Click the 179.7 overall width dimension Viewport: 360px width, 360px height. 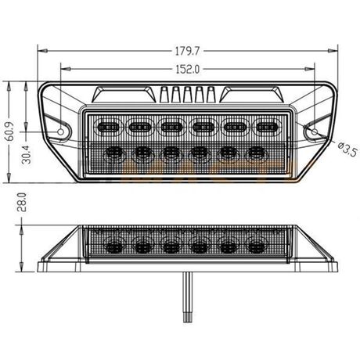point(187,51)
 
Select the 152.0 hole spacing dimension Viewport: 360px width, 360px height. point(188,69)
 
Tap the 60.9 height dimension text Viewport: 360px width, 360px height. point(9,131)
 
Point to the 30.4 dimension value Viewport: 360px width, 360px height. point(26,154)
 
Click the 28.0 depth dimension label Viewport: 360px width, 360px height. point(21,202)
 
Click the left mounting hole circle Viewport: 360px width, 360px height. point(60,131)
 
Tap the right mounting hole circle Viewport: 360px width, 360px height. point(315,131)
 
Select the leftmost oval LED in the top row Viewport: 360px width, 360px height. point(108,128)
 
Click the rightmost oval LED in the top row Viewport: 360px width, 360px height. point(267,128)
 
